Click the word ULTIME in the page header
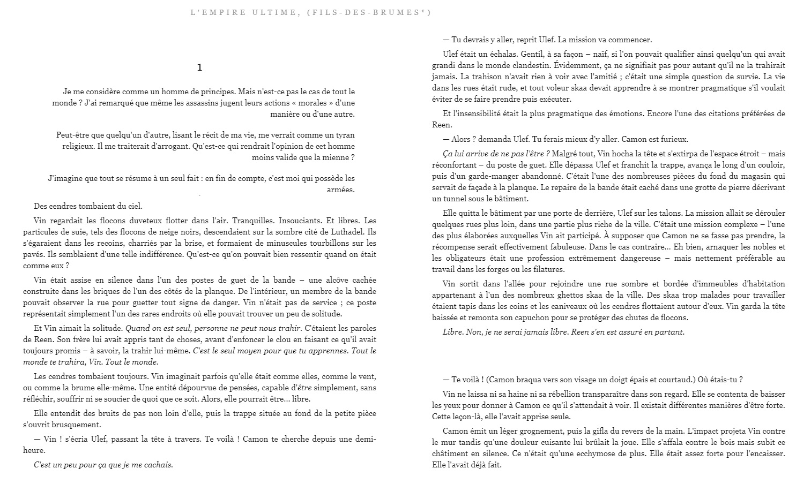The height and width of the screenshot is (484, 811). point(267,12)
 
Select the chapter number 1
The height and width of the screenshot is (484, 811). point(200,67)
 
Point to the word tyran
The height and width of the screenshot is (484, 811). point(343,135)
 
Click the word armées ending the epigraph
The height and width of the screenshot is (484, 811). point(341,190)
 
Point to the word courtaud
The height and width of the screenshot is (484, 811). point(676,380)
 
